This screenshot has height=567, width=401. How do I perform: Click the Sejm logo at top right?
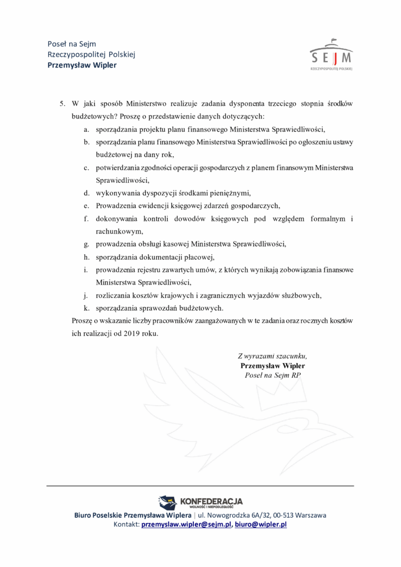(x=331, y=55)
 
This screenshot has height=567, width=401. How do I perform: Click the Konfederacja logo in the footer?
(x=200, y=502)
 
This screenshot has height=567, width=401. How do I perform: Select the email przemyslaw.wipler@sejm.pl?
(x=186, y=524)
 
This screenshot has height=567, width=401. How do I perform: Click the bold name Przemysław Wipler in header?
(x=82, y=65)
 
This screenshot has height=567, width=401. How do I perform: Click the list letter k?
(x=86, y=308)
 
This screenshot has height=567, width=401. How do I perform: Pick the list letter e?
(x=86, y=205)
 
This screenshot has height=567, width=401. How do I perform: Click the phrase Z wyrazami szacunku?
(x=272, y=356)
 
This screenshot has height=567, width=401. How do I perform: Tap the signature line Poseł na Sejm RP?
(x=272, y=375)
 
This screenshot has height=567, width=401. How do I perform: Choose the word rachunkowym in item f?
(x=119, y=231)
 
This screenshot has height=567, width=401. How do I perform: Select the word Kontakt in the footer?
(x=126, y=524)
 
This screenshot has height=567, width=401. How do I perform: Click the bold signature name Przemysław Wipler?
(x=273, y=365)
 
